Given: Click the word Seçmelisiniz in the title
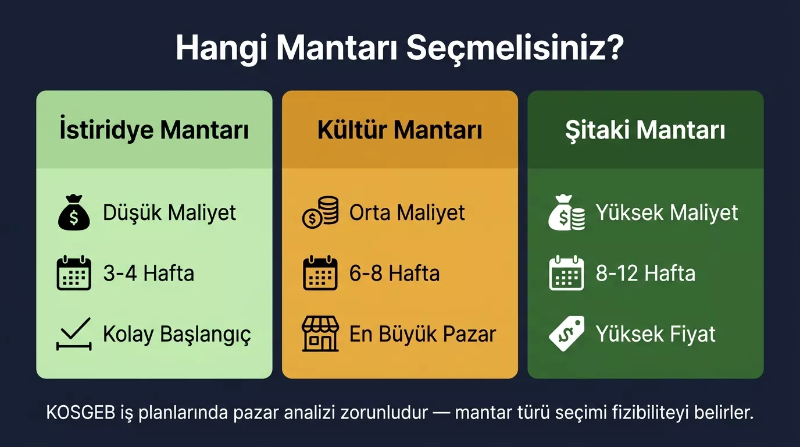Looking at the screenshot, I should pos(515,49).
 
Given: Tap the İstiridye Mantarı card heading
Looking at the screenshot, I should pos(154,130).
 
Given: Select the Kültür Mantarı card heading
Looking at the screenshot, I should pos(399,130).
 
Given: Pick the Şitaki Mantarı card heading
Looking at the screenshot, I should pos(645,130).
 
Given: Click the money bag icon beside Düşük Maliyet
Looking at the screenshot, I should pos(74,213).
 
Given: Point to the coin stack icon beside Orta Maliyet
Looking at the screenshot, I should pos(320,213).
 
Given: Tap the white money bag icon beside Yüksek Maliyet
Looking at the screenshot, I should pos(566,213).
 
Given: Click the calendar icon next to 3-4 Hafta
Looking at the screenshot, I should pos(74,273).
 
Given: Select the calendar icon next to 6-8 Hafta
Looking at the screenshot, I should pos(320,273).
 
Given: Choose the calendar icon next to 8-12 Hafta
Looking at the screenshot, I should pos(566,273).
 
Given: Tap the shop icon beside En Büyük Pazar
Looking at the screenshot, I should pos(320,334).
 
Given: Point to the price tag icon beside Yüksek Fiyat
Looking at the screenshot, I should pos(566,334).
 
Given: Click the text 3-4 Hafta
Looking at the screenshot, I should pos(148,273).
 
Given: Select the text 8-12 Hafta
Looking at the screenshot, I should pos(645,273).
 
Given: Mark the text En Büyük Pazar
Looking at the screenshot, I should pos(422,334).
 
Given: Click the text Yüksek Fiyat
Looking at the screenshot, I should pos(655,334).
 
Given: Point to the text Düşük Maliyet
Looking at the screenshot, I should pos(169,212).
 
